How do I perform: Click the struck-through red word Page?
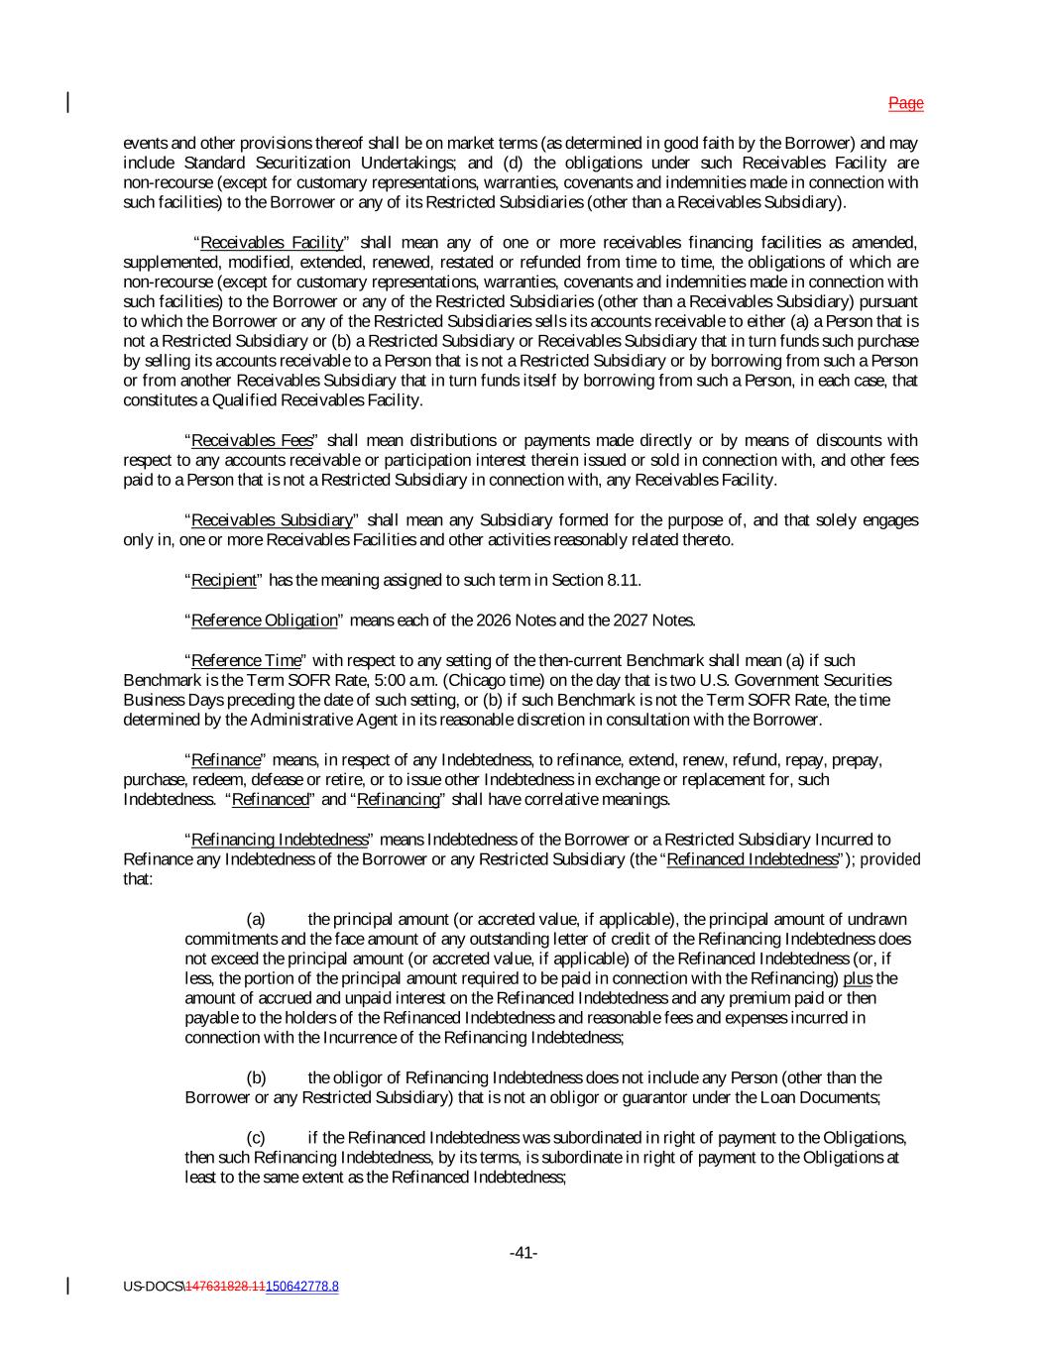pyautogui.click(x=905, y=103)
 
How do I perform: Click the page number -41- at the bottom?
pyautogui.click(x=523, y=1253)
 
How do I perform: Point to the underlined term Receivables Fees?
pyautogui.click(x=252, y=440)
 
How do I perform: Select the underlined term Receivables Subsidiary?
pyautogui.click(x=272, y=520)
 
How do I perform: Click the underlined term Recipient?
pyautogui.click(x=223, y=580)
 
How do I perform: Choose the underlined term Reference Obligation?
pyautogui.click(x=264, y=620)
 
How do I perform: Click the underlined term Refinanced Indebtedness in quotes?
pyautogui.click(x=753, y=859)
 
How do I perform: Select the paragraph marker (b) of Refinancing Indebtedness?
pyautogui.click(x=256, y=1077)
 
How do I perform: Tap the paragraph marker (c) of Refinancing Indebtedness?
pyautogui.click(x=256, y=1137)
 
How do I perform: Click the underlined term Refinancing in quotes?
pyautogui.click(x=398, y=799)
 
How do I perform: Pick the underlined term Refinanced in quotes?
pyautogui.click(x=271, y=799)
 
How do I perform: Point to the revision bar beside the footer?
pyautogui.click(x=68, y=1286)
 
